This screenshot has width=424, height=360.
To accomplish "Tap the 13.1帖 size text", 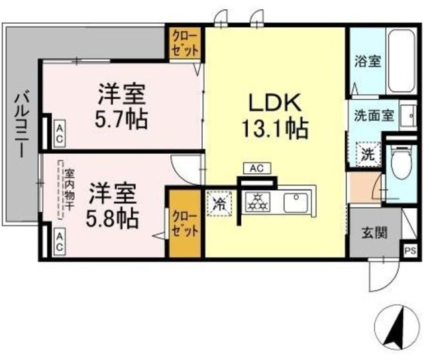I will click(x=277, y=127).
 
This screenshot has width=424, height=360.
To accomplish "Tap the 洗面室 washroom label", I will click(x=373, y=114).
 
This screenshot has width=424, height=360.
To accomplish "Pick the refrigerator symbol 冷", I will click(x=219, y=203).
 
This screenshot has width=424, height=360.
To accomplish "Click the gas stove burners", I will click(x=256, y=202).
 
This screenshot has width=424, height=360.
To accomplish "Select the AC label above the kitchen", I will click(x=256, y=168).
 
